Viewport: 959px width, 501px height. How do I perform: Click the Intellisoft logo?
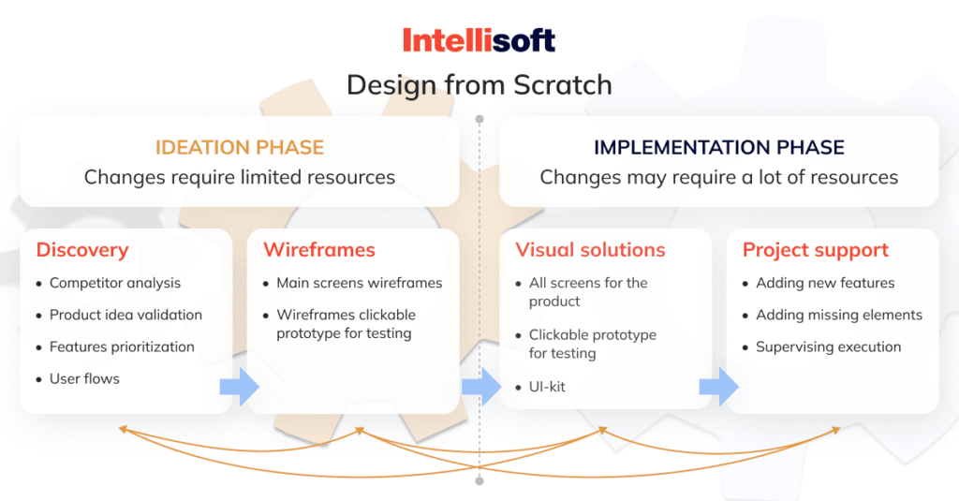click(x=479, y=39)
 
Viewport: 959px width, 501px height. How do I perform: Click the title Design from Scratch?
click(x=479, y=85)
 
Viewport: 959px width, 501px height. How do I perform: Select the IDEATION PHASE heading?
click(x=239, y=148)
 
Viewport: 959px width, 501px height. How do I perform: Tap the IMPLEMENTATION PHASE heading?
click(x=718, y=148)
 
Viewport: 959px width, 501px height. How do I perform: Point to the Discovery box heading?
click(x=82, y=250)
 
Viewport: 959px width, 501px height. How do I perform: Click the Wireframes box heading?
click(x=318, y=250)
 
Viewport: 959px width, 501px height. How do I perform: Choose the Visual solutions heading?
click(x=590, y=250)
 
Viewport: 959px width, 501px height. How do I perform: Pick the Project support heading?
click(x=815, y=250)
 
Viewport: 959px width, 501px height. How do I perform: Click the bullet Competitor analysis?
click(x=115, y=283)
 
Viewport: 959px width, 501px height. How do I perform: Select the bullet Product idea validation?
click(x=125, y=315)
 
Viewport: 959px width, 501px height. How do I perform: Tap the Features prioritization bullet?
click(x=122, y=346)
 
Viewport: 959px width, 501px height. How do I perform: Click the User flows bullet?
click(x=84, y=378)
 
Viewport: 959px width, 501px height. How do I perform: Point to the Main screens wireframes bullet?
click(x=359, y=283)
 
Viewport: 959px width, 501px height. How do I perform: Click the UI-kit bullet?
click(x=547, y=386)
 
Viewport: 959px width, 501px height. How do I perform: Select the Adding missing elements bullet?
click(x=838, y=315)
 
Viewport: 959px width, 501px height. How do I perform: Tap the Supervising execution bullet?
click(x=828, y=346)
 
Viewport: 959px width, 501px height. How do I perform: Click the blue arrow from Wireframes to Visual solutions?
click(x=481, y=387)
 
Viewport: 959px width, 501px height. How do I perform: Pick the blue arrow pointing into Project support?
click(x=718, y=387)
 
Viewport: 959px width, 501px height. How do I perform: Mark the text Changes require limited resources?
click(x=239, y=177)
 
